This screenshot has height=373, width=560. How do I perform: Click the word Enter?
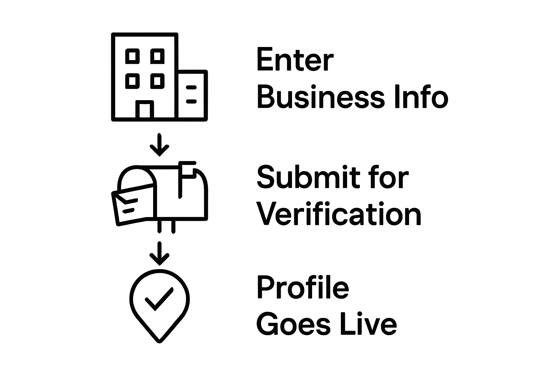pos(295,60)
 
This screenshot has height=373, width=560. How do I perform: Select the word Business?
pos(321,97)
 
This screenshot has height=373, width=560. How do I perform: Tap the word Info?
pos(421,97)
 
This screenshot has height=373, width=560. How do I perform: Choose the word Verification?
pos(339,213)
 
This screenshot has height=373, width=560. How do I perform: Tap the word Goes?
pos(293,324)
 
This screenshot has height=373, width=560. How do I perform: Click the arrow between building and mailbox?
pos(159,145)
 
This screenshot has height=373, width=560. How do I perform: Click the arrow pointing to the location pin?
pos(159,254)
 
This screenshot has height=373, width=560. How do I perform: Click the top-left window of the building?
pos(132,56)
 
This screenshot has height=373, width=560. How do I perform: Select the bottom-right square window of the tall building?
pos(157,81)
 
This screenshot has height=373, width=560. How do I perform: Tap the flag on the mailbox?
pos(187,170)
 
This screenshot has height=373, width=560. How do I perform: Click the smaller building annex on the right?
pos(193,95)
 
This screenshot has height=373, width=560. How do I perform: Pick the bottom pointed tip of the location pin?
pos(159,342)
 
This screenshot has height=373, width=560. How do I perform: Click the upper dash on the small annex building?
pos(191,87)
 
